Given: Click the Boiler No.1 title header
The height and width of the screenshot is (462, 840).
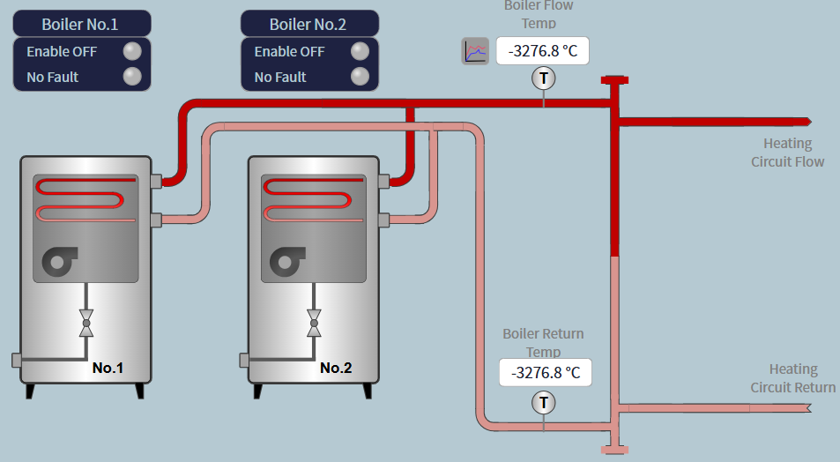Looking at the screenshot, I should click(x=81, y=24).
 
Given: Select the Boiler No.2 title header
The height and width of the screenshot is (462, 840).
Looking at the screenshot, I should click(x=308, y=24).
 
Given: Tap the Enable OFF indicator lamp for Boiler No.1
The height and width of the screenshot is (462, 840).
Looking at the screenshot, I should click(x=131, y=51).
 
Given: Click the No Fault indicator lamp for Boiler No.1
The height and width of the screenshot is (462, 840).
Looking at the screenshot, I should click(x=131, y=77).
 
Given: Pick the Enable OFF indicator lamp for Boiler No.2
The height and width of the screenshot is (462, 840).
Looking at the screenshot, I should click(x=359, y=51).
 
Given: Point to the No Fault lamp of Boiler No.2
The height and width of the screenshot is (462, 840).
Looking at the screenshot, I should click(x=359, y=77).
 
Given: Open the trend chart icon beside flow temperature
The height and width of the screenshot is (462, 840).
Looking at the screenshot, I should click(x=475, y=51).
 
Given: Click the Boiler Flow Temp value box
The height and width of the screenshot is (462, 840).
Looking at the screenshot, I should click(x=542, y=51).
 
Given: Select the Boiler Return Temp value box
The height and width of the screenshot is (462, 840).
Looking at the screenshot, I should click(x=545, y=372).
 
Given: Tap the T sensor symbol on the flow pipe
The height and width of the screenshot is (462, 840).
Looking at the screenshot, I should click(x=544, y=78).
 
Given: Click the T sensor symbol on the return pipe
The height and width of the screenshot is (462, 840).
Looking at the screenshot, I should click(x=544, y=403).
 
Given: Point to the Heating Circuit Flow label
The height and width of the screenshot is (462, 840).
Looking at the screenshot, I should click(x=787, y=153).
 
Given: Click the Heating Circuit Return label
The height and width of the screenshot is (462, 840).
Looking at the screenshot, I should click(x=792, y=378).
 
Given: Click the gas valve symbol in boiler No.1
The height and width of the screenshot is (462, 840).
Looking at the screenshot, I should click(x=86, y=324).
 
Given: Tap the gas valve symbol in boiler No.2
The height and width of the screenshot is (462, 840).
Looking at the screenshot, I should click(x=314, y=324).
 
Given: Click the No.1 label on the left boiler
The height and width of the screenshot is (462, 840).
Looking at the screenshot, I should click(x=108, y=368).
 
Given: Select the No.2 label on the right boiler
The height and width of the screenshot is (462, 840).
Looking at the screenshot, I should click(x=336, y=368).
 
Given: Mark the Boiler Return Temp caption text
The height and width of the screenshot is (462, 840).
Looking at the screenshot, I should click(x=543, y=342).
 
